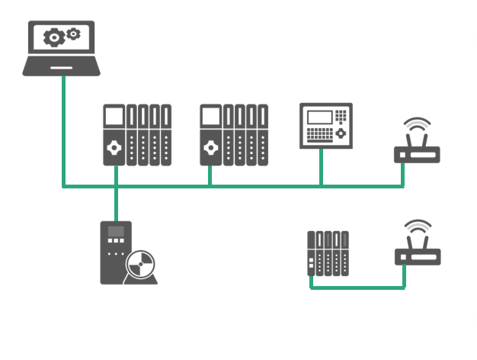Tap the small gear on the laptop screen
tap(73, 33)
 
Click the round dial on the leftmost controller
tap(114, 147)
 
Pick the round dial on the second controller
tap(210, 147)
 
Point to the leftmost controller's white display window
tap(114, 116)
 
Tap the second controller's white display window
tap(210, 116)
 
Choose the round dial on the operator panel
tap(342, 133)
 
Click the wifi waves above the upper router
tap(415, 126)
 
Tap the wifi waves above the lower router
tap(415, 228)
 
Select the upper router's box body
tap(417, 155)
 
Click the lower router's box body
tap(417, 257)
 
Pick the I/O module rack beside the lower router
tap(328, 252)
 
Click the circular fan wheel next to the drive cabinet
tap(141, 266)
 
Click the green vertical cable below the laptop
tap(62, 130)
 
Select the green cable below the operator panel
tap(321, 168)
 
